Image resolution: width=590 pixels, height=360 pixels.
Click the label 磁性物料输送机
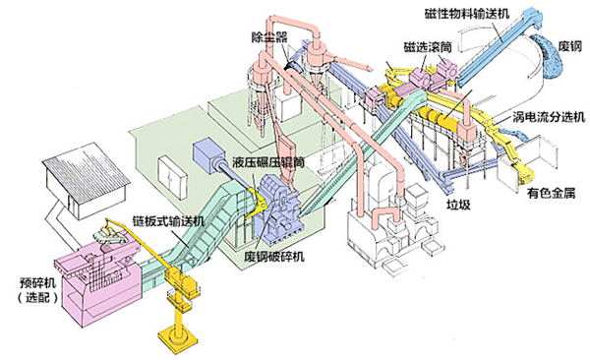coord(466,14)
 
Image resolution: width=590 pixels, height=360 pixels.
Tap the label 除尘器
coord(269,36)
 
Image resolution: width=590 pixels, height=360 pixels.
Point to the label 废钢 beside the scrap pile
coord(569,46)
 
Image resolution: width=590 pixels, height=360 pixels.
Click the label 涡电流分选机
coord(549,117)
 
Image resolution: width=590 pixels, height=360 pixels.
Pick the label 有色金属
coord(551,194)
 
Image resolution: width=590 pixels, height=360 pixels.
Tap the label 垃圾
coord(458,205)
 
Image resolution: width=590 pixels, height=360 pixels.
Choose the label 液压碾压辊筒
coord(267,162)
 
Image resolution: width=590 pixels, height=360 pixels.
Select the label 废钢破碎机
coord(274,257)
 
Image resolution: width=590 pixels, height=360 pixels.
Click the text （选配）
coord(37,297)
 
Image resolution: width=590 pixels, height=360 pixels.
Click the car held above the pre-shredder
coord(110,236)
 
